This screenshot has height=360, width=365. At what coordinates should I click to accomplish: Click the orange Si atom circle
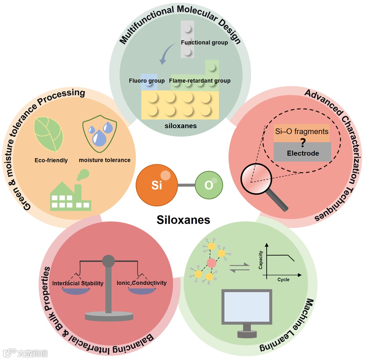pyautogui.click(x=157, y=185)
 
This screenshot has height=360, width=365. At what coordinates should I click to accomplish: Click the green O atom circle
pyautogui.click(x=209, y=186)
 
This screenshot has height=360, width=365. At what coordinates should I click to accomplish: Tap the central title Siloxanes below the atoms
pyautogui.click(x=183, y=220)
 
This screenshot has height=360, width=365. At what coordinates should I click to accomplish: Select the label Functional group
pyautogui.click(x=205, y=42)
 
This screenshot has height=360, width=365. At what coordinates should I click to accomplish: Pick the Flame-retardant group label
pyautogui.click(x=200, y=81)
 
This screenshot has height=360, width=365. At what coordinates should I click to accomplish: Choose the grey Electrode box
pyautogui.click(x=303, y=153)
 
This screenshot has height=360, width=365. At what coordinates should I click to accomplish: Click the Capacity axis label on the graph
pyautogui.click(x=261, y=259)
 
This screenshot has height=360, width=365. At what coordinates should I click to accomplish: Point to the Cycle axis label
pyautogui.click(x=283, y=280)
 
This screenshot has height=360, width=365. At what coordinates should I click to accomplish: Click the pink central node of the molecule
pyautogui.click(x=211, y=264)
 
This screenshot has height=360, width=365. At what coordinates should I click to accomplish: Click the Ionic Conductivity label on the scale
pyautogui.click(x=141, y=283)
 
